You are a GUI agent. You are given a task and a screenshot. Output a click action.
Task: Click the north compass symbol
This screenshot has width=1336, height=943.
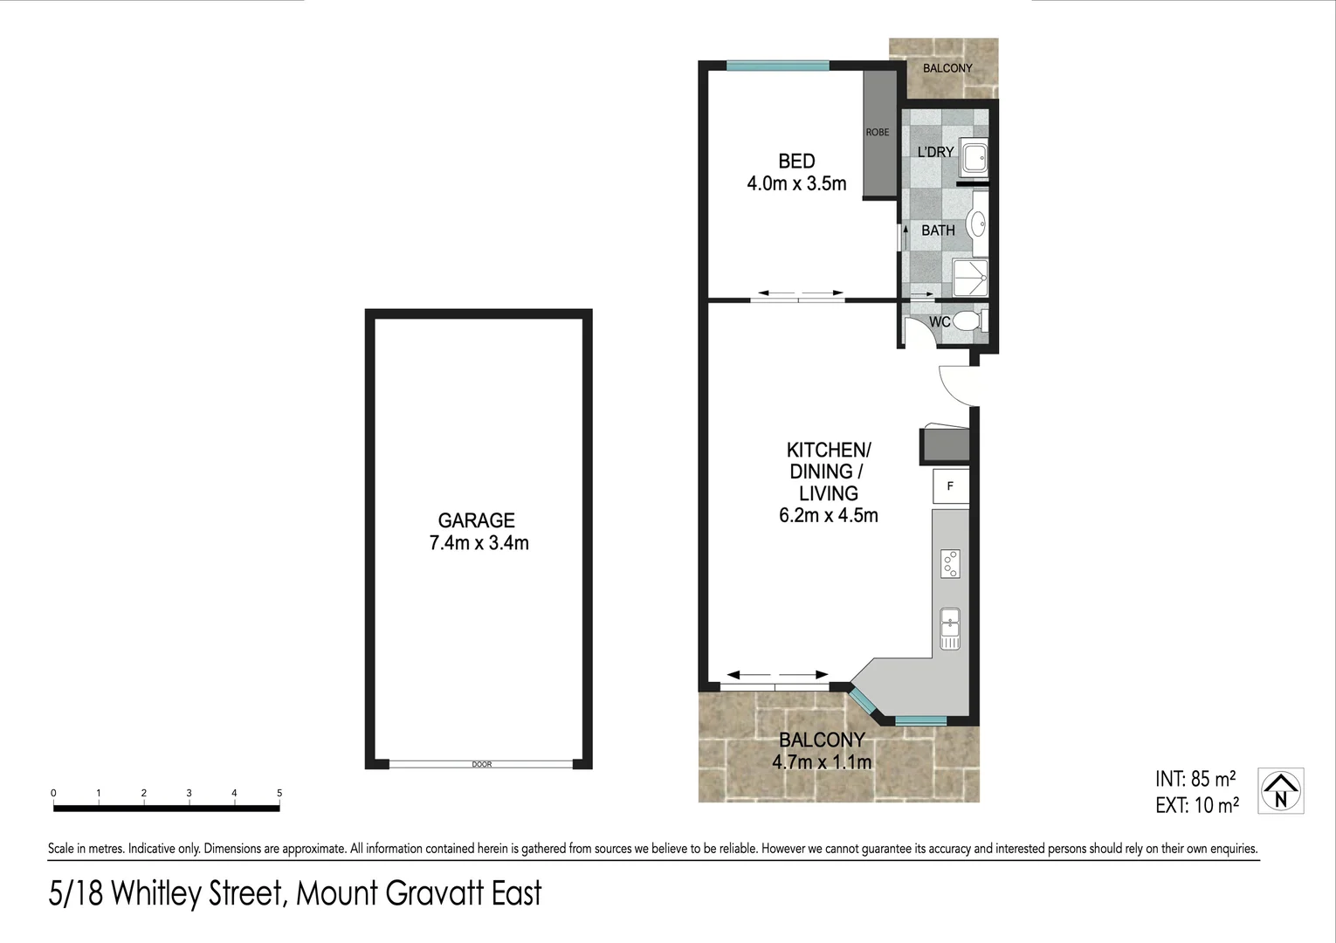(1280, 790)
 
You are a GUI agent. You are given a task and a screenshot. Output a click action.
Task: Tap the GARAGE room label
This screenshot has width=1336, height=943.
(476, 520)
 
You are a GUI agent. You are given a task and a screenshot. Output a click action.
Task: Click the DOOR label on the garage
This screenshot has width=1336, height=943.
(482, 764)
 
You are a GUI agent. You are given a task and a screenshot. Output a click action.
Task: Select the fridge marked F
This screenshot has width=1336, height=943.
(951, 486)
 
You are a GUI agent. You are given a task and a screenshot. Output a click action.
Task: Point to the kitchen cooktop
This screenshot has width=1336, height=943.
(950, 563)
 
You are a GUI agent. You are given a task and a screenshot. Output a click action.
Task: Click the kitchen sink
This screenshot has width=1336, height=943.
(950, 628)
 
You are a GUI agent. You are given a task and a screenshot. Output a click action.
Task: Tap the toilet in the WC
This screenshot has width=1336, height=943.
(968, 321)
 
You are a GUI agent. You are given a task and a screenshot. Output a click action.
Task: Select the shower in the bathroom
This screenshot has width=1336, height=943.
(970, 277)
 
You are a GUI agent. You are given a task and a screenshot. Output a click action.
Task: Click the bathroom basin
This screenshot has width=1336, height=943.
(978, 224)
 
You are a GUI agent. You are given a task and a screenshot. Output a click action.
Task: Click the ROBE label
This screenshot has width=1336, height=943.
(878, 132)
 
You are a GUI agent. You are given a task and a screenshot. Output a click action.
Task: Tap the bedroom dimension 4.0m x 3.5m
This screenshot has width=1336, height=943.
(796, 184)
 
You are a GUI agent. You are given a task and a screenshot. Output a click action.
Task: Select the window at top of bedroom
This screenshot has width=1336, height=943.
(777, 65)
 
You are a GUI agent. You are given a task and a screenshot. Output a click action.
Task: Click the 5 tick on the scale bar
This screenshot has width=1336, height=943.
(279, 794)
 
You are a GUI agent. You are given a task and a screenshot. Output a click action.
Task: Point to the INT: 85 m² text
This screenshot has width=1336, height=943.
(1195, 779)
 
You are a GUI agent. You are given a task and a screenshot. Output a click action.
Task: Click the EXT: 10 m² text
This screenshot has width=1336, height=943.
(1196, 806)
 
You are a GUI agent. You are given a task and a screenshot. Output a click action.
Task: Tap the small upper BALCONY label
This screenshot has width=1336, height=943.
(947, 68)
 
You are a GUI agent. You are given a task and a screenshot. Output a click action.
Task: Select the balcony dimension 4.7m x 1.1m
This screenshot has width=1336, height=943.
(821, 762)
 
